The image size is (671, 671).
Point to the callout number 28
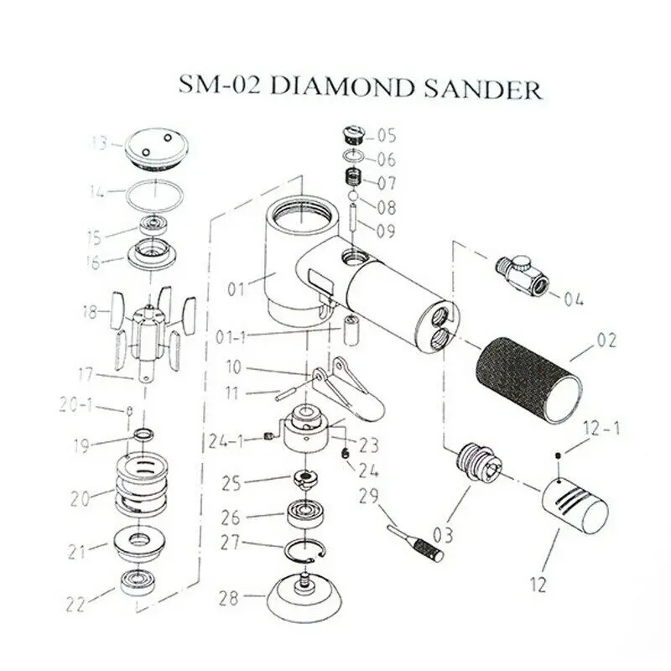(x=228, y=598)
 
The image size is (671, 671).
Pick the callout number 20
(x=80, y=497)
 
